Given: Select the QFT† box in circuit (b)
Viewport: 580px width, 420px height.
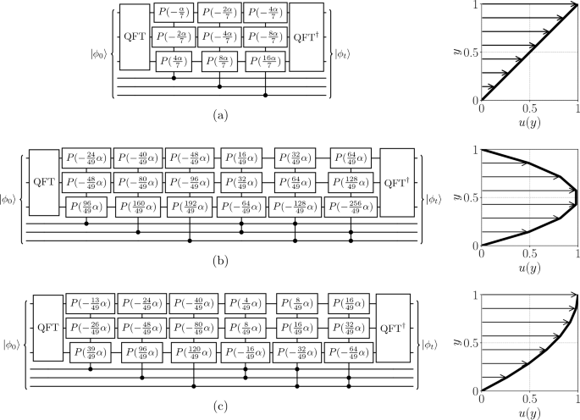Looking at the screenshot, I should tap(396, 181).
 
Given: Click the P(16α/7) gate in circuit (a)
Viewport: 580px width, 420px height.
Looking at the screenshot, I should tap(266, 61).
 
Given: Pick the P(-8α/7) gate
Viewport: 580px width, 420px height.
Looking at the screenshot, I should tap(266, 37).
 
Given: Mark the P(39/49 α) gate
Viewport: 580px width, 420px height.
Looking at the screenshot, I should tap(91, 351).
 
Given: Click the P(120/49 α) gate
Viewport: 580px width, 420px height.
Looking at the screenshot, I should tap(195, 351).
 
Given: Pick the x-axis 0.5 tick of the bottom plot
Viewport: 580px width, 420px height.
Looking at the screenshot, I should tap(529, 399).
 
